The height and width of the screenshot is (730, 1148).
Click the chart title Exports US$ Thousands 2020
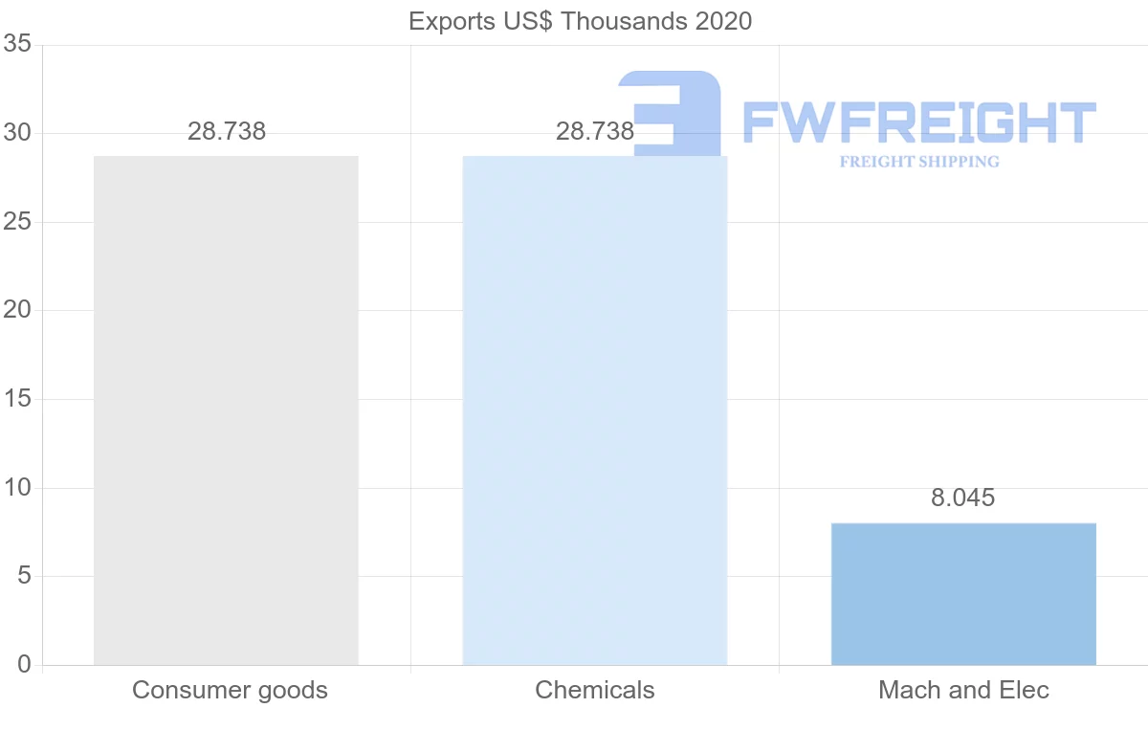coord(580,21)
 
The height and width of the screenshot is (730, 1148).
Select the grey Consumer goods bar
coord(226,410)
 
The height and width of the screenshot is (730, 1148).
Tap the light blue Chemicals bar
coord(594,410)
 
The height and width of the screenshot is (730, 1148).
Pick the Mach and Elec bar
coord(963,594)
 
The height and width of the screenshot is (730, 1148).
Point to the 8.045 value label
coord(963,498)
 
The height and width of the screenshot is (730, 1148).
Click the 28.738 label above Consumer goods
coord(227,131)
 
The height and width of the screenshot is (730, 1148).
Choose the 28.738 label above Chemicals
coord(595,131)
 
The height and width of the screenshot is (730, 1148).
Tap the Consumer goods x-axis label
coord(230,690)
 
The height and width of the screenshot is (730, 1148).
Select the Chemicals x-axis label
coord(595,690)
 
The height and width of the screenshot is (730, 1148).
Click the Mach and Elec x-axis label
coord(963,690)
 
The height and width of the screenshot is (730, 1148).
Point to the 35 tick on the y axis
coord(17,45)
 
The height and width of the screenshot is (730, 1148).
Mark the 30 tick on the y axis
coord(17,134)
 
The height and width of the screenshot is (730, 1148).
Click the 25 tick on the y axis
coord(17,222)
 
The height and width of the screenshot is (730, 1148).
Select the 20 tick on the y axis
coord(17,311)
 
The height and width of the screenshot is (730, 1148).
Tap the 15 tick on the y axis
coord(17,399)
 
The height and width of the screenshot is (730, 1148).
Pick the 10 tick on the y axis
coord(17,488)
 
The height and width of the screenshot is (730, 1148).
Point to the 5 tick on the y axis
coord(24,576)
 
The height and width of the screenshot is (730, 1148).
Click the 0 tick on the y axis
coord(24,665)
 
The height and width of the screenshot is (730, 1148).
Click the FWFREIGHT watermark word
coord(918,122)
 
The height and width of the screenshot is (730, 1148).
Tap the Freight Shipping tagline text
coord(919,162)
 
